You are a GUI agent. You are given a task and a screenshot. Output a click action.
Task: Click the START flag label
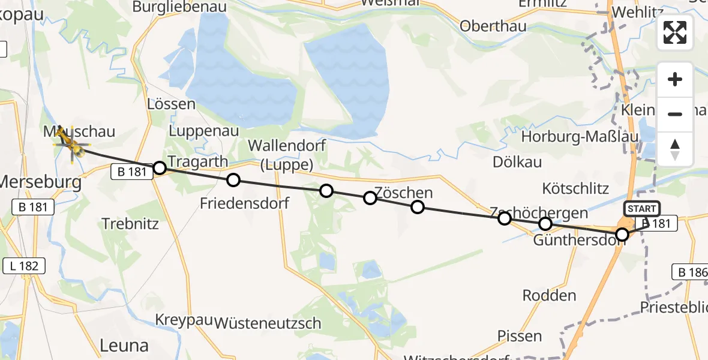[x=642, y=209]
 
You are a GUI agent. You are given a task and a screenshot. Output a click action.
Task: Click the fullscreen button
[x=675, y=32]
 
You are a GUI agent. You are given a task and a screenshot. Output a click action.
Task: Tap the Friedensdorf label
[x=245, y=203]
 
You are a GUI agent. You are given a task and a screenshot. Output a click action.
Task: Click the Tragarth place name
[x=198, y=161]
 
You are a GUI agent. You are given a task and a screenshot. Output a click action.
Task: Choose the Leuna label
[x=124, y=345]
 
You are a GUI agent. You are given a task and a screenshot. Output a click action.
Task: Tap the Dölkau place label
[x=517, y=162]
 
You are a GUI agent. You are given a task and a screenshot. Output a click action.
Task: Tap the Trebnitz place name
[x=130, y=224]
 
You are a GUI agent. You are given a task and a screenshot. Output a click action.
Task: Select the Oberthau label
[x=493, y=26]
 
